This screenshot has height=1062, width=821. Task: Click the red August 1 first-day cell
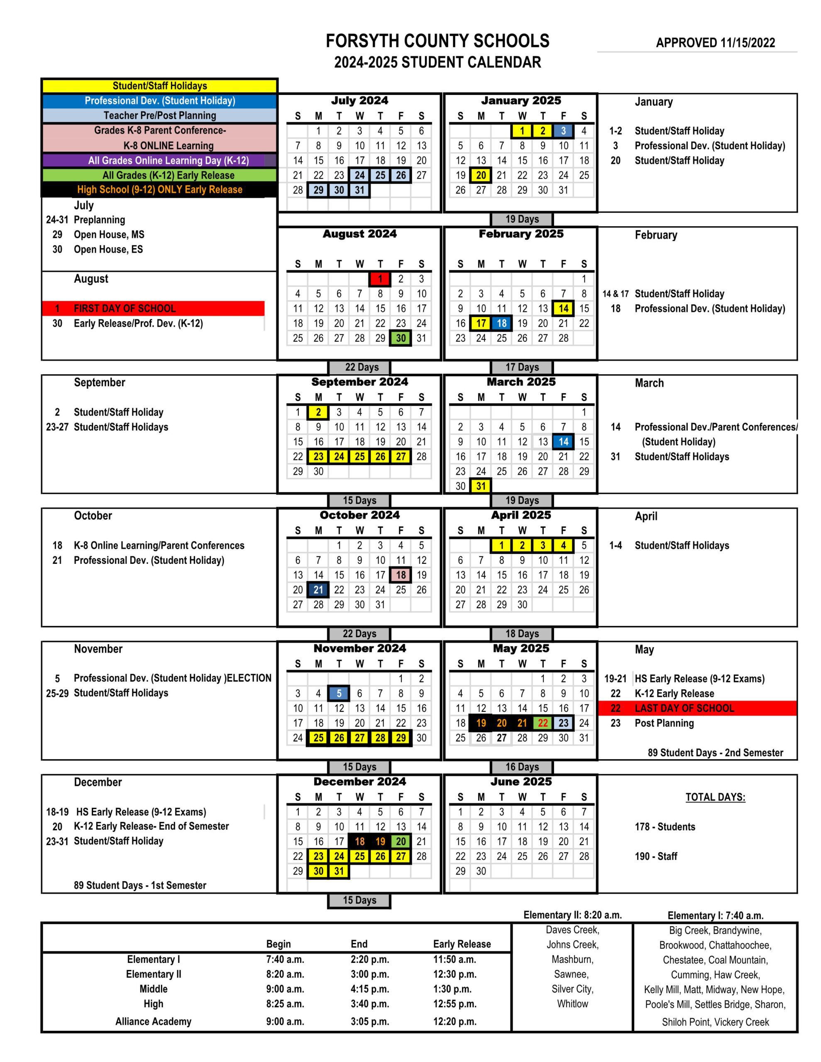point(380,279)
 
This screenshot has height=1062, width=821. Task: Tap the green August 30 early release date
point(401,338)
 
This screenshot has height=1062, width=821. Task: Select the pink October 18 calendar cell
point(401,575)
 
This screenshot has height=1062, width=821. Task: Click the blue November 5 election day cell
point(339,694)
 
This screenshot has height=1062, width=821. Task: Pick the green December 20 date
point(401,841)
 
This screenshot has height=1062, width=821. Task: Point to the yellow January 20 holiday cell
point(481,175)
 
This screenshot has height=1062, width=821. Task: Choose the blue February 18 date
point(501,323)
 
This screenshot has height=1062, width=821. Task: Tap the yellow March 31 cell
point(481,486)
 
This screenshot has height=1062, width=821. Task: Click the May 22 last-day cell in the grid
point(542,723)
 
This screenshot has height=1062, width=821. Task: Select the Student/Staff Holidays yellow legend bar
point(160,86)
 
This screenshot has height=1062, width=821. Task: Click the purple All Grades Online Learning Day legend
point(160,161)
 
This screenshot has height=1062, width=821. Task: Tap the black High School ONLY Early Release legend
point(160,190)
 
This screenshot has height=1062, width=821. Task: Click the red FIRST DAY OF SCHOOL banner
point(153,308)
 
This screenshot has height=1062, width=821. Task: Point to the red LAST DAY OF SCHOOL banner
point(697,708)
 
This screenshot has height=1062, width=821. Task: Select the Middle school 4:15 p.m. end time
point(369,989)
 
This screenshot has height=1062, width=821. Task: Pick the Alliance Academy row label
point(153,1021)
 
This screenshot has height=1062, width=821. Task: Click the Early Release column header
point(462,944)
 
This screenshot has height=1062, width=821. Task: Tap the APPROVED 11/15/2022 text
point(715,43)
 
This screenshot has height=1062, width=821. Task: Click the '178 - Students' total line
point(665,827)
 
